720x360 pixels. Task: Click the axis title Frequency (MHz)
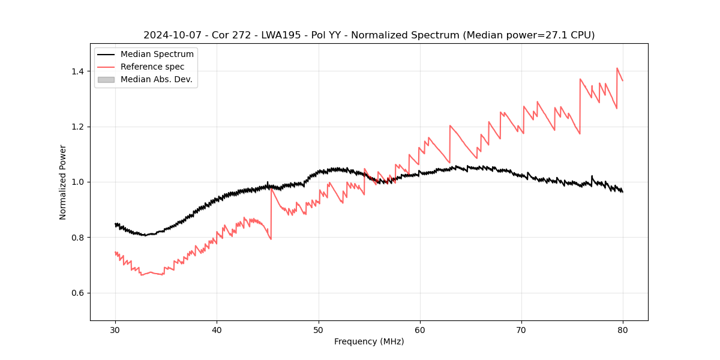click(x=369, y=341)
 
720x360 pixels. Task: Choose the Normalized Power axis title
click(x=63, y=182)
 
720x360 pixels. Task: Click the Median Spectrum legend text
click(x=157, y=55)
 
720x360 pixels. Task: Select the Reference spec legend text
click(x=152, y=67)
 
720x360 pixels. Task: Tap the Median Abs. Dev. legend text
click(x=157, y=79)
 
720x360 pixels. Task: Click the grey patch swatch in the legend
click(x=106, y=79)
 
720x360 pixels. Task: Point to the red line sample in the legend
click(x=106, y=67)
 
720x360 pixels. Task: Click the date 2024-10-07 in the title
click(x=169, y=35)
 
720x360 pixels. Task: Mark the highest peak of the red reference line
click(x=617, y=68)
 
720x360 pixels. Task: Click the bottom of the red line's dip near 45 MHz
click(x=271, y=239)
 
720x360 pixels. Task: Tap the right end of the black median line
click(x=623, y=192)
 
